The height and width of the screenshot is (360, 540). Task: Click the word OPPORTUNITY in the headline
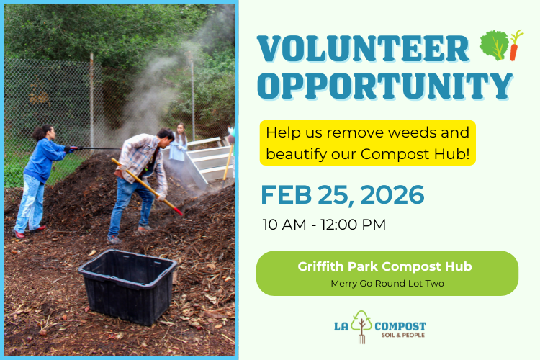[x=384, y=85]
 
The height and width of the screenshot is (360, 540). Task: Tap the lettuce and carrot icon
[x=501, y=45]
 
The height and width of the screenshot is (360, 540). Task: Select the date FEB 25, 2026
[x=342, y=194]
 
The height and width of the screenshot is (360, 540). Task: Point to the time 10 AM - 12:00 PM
[x=324, y=225]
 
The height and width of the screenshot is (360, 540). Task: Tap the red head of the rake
[x=175, y=210]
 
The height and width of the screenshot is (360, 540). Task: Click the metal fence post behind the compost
[x=92, y=101]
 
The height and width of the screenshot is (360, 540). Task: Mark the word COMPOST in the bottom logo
[x=400, y=325]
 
